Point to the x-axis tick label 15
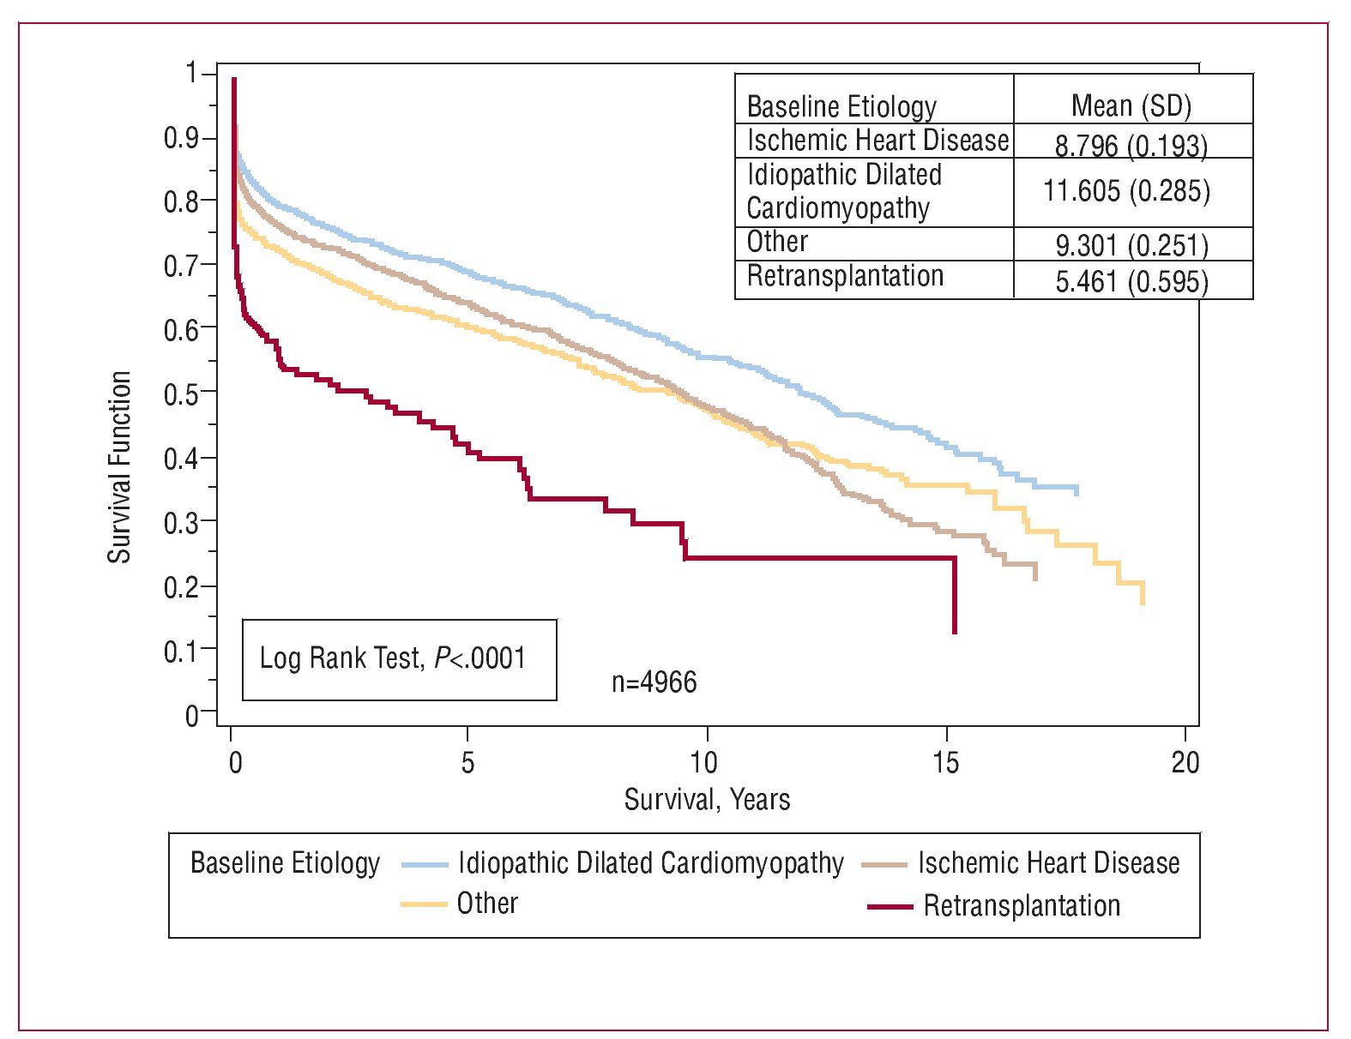pos(945,762)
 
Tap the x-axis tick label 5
pos(467,762)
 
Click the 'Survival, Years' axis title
pos(707,800)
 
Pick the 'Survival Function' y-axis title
pos(119,467)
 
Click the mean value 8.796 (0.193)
pos(1131,146)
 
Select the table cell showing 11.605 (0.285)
pos(1126,190)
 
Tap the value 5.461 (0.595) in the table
pos(1131,281)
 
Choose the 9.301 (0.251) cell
pos(1131,246)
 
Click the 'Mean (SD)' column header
pos(1131,105)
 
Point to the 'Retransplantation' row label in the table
pos(845,276)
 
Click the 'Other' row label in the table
pos(777,242)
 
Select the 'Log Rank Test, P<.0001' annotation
pos(393,658)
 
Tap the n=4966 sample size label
pos(654,682)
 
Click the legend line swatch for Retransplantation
pos(890,906)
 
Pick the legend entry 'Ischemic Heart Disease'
pos(1048,862)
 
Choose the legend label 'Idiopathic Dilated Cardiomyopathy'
pos(650,862)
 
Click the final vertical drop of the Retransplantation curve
pos(954,596)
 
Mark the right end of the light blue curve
pos(1076,489)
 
